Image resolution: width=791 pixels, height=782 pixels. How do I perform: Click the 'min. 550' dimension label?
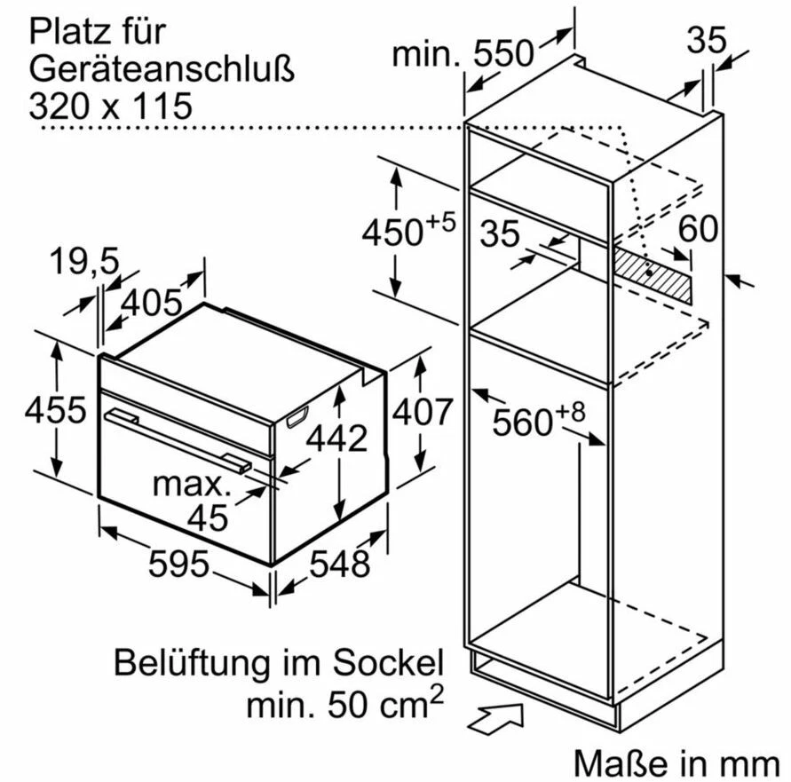point(463,54)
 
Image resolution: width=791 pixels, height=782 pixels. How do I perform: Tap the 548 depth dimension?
point(339,563)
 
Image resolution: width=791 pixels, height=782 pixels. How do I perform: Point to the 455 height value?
point(55,411)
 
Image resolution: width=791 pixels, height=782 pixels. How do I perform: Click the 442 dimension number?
point(336,438)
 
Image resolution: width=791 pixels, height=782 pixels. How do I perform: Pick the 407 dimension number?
point(423,411)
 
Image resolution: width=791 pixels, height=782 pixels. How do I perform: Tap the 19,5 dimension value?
point(84,262)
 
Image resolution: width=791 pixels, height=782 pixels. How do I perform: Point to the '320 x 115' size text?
point(110,107)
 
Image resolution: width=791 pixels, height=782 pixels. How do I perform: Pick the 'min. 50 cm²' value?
point(344,704)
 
